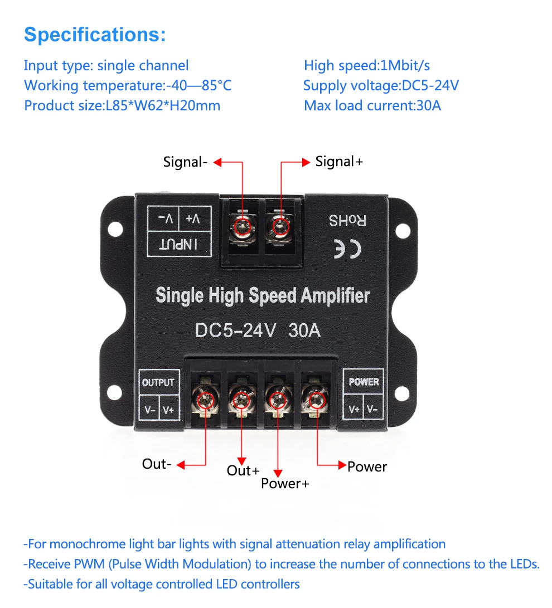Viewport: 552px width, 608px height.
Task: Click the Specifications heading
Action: click(x=95, y=35)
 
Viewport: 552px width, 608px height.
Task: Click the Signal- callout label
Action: click(x=185, y=162)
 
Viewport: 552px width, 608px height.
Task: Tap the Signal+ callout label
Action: click(x=339, y=162)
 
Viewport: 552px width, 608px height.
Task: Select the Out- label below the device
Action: click(x=157, y=464)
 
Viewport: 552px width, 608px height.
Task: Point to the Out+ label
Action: click(x=243, y=470)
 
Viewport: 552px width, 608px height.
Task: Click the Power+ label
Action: click(x=285, y=483)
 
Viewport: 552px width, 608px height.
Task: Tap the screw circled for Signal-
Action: click(x=243, y=226)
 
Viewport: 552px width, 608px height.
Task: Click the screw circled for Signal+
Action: click(x=280, y=226)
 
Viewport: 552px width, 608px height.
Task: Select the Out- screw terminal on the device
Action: click(x=206, y=398)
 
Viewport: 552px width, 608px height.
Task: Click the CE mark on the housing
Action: click(x=347, y=250)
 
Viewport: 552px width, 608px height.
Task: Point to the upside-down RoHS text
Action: click(x=347, y=221)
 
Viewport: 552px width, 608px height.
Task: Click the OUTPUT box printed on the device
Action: click(x=158, y=383)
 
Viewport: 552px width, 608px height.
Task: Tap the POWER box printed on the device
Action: click(x=364, y=382)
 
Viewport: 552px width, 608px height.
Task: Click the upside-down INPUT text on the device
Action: click(x=179, y=244)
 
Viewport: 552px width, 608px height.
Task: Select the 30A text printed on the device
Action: click(x=304, y=330)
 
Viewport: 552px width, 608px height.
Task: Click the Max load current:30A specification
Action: click(x=372, y=105)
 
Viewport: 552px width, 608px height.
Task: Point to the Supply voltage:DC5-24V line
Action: click(x=381, y=86)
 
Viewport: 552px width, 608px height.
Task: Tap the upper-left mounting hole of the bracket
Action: click(x=115, y=228)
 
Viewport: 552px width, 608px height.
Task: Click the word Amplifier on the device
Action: click(x=335, y=295)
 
